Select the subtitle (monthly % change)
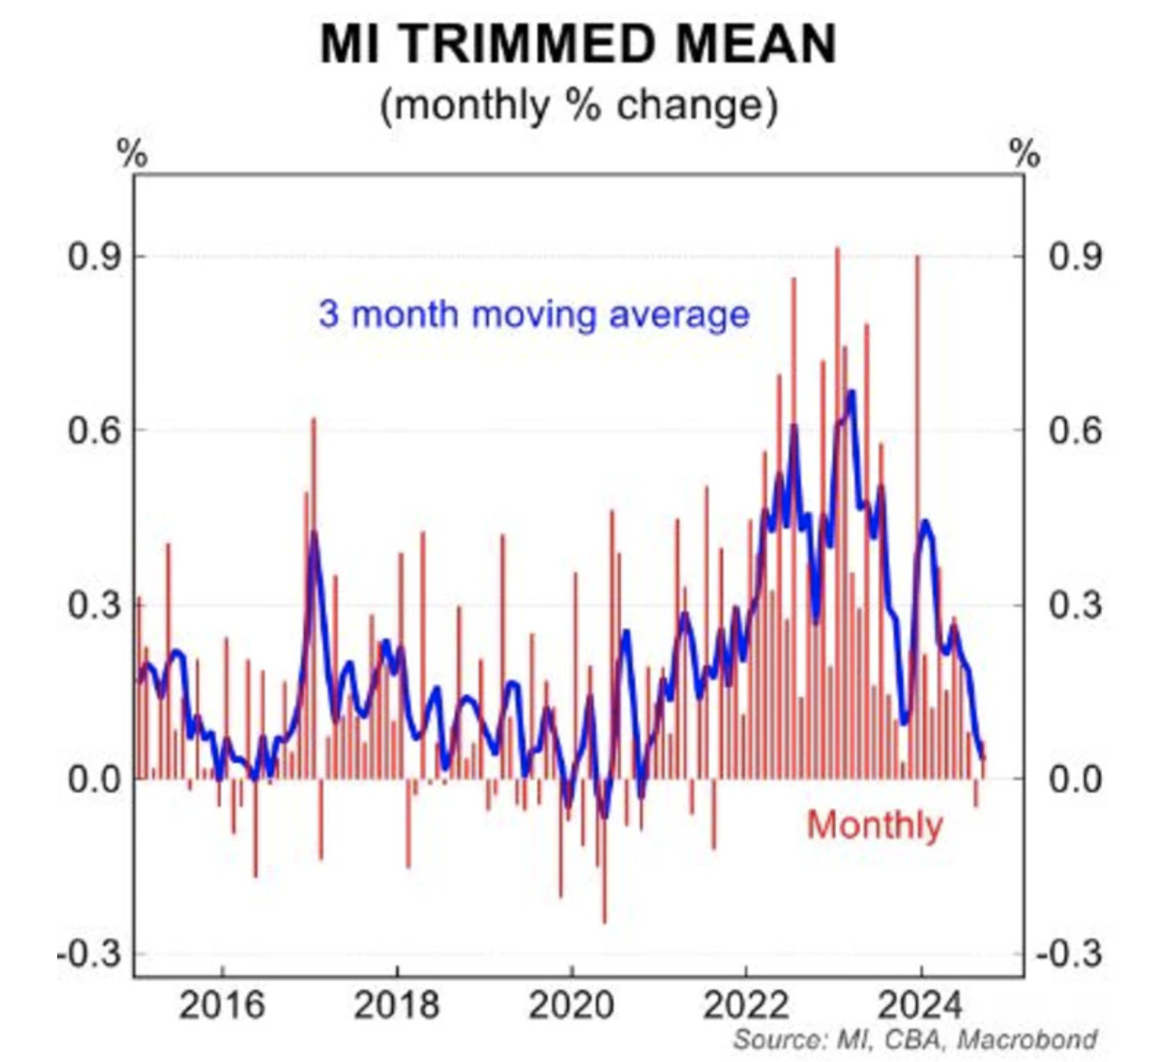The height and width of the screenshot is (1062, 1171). pyautogui.click(x=578, y=105)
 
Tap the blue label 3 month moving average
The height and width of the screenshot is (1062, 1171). pyautogui.click(x=534, y=314)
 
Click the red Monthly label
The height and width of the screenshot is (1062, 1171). pyautogui.click(x=875, y=825)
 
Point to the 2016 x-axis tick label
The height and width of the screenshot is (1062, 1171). pyautogui.click(x=221, y=1006)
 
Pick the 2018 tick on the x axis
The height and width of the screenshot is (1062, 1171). pyautogui.click(x=396, y=1006)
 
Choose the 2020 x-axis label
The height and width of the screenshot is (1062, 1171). pyautogui.click(x=571, y=1006)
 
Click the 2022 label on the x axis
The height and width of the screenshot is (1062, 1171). pyautogui.click(x=746, y=1006)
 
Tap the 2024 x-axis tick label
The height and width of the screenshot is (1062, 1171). pyautogui.click(x=920, y=1006)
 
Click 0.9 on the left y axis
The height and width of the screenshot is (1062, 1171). pyautogui.click(x=94, y=257)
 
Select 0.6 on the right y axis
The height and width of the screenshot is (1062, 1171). pyautogui.click(x=1076, y=430)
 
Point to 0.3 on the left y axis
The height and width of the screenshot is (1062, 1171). pyautogui.click(x=94, y=605)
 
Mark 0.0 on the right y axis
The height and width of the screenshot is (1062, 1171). pyautogui.click(x=1076, y=779)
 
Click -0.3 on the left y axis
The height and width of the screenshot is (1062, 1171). pyautogui.click(x=88, y=954)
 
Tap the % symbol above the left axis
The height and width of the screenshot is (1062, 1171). pyautogui.click(x=133, y=154)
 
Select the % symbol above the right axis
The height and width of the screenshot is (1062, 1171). pyautogui.click(x=1025, y=154)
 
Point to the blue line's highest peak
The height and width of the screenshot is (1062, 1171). pyautogui.click(x=851, y=392)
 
